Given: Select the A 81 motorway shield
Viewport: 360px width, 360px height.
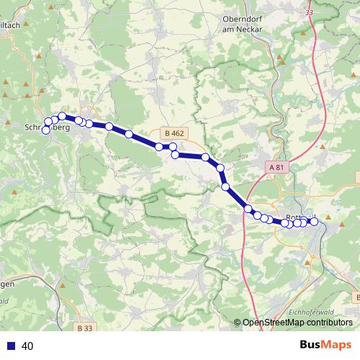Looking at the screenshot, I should tap(277, 167).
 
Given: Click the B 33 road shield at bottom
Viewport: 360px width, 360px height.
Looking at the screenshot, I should tap(84, 328).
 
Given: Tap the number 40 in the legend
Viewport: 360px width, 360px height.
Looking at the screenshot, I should tap(28, 346).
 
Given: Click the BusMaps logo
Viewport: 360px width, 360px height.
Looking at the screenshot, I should tap(325, 346).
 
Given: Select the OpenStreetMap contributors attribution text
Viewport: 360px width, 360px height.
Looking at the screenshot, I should tap(299, 322).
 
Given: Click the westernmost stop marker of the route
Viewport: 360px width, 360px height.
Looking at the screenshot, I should tap(46, 130).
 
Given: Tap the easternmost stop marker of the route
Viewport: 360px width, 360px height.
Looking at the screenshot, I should tap(313, 221).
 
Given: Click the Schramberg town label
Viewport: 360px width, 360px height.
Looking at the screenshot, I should tap(46, 126).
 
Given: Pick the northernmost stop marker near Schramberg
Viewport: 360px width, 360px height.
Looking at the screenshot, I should tap(63, 116).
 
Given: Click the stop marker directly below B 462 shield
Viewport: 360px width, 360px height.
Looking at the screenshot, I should tap(173, 147).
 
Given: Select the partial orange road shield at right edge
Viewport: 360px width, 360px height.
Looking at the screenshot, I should tap(357, 177).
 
